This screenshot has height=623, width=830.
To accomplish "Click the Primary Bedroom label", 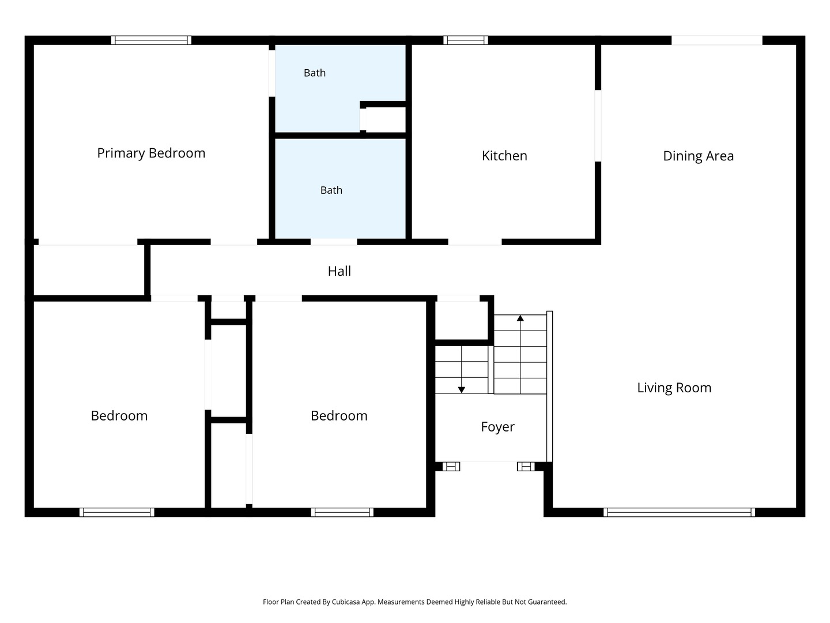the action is pyautogui.click(x=151, y=153).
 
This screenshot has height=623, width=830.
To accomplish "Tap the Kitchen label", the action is pyautogui.click(x=504, y=156).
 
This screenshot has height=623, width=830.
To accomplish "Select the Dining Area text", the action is pyautogui.click(x=698, y=156).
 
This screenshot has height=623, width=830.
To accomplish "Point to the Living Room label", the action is pyautogui.click(x=674, y=388).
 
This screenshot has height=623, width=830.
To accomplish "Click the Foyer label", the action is pyautogui.click(x=497, y=427).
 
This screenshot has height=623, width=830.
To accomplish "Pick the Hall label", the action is pyautogui.click(x=339, y=271).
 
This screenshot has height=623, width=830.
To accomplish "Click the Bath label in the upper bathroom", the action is pyautogui.click(x=315, y=73).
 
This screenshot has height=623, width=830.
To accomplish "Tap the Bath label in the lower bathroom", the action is pyautogui.click(x=331, y=190).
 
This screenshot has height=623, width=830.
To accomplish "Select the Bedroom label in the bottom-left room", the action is pyautogui.click(x=119, y=416).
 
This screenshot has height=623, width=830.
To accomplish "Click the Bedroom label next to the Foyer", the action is pyautogui.click(x=339, y=416).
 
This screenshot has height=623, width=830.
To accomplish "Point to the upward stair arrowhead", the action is pyautogui.click(x=520, y=318).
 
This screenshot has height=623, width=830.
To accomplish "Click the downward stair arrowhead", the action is pyautogui.click(x=461, y=389).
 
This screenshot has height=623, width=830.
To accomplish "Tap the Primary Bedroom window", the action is pyautogui.click(x=151, y=40).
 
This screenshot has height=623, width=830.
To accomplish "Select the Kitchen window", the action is pyautogui.click(x=466, y=40).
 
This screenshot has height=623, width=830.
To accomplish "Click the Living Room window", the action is pyautogui.click(x=679, y=512).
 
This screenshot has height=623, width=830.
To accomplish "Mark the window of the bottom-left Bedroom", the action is pyautogui.click(x=117, y=512).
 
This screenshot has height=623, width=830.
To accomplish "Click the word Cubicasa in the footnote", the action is pyautogui.click(x=346, y=602).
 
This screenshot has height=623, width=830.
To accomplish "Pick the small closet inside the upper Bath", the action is pyautogui.click(x=386, y=119).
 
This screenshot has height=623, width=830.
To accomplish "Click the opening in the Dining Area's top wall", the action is pyautogui.click(x=716, y=40).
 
